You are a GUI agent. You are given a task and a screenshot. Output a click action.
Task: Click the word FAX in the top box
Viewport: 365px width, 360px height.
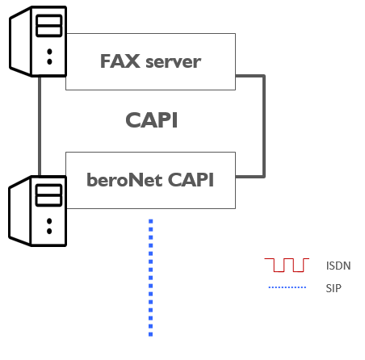[120, 61]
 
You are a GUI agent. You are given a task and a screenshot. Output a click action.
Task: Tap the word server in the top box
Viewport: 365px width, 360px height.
[174, 62]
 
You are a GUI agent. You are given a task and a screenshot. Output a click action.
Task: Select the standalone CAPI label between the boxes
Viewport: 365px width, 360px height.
[152, 120]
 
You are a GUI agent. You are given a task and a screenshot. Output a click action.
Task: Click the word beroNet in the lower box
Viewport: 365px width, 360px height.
[124, 180]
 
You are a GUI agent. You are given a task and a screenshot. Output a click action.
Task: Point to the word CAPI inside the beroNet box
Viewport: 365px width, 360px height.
[191, 180]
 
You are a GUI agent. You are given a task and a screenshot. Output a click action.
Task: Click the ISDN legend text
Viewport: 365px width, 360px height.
[338, 266]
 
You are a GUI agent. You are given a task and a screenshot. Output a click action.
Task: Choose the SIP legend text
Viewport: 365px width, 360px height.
[334, 288]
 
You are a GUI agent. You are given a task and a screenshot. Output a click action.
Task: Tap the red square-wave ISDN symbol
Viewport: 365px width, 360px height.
[287, 265]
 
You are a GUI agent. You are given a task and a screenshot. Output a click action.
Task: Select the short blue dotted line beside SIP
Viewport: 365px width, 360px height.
[287, 287]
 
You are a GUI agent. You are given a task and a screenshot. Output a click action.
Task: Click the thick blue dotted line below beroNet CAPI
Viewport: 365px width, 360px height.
[151, 278]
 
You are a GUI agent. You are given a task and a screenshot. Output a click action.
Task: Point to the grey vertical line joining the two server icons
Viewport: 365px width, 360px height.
[40, 126]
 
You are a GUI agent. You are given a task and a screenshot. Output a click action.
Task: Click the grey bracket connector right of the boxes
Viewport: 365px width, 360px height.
[264, 126]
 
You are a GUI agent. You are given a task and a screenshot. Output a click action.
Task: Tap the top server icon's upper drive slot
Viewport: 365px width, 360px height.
[49, 20]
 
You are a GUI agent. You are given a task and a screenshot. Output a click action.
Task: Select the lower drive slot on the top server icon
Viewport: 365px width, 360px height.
[49, 31]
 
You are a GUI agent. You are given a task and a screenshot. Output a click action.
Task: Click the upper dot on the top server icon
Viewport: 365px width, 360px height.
[49, 52]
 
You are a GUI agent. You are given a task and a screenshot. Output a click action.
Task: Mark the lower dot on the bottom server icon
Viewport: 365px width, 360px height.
[49, 231]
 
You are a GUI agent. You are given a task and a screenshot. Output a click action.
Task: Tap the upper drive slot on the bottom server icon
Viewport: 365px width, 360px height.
[49, 190]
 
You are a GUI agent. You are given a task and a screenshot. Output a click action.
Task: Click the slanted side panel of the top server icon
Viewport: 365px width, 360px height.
[21, 41]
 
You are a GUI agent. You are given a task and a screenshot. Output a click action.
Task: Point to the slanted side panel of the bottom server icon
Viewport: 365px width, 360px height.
[20, 211]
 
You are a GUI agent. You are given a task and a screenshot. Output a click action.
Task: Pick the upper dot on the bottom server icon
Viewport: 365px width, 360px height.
[49, 221]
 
